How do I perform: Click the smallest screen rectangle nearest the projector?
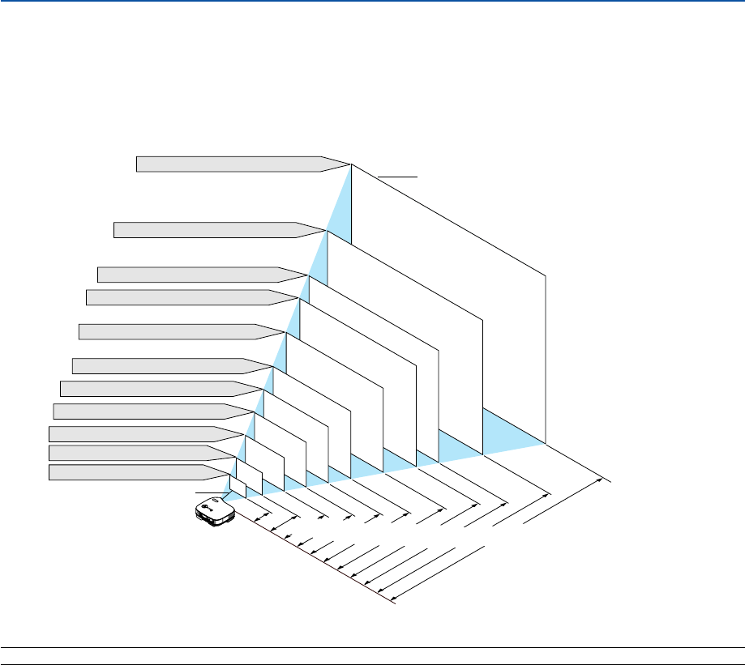pyautogui.click(x=238, y=486)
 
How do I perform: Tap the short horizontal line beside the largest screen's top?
pyautogui.click(x=397, y=175)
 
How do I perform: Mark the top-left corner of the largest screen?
pyautogui.click(x=352, y=164)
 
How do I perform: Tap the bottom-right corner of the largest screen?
pyautogui.click(x=546, y=444)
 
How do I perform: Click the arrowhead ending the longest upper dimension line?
pyautogui.click(x=604, y=480)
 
